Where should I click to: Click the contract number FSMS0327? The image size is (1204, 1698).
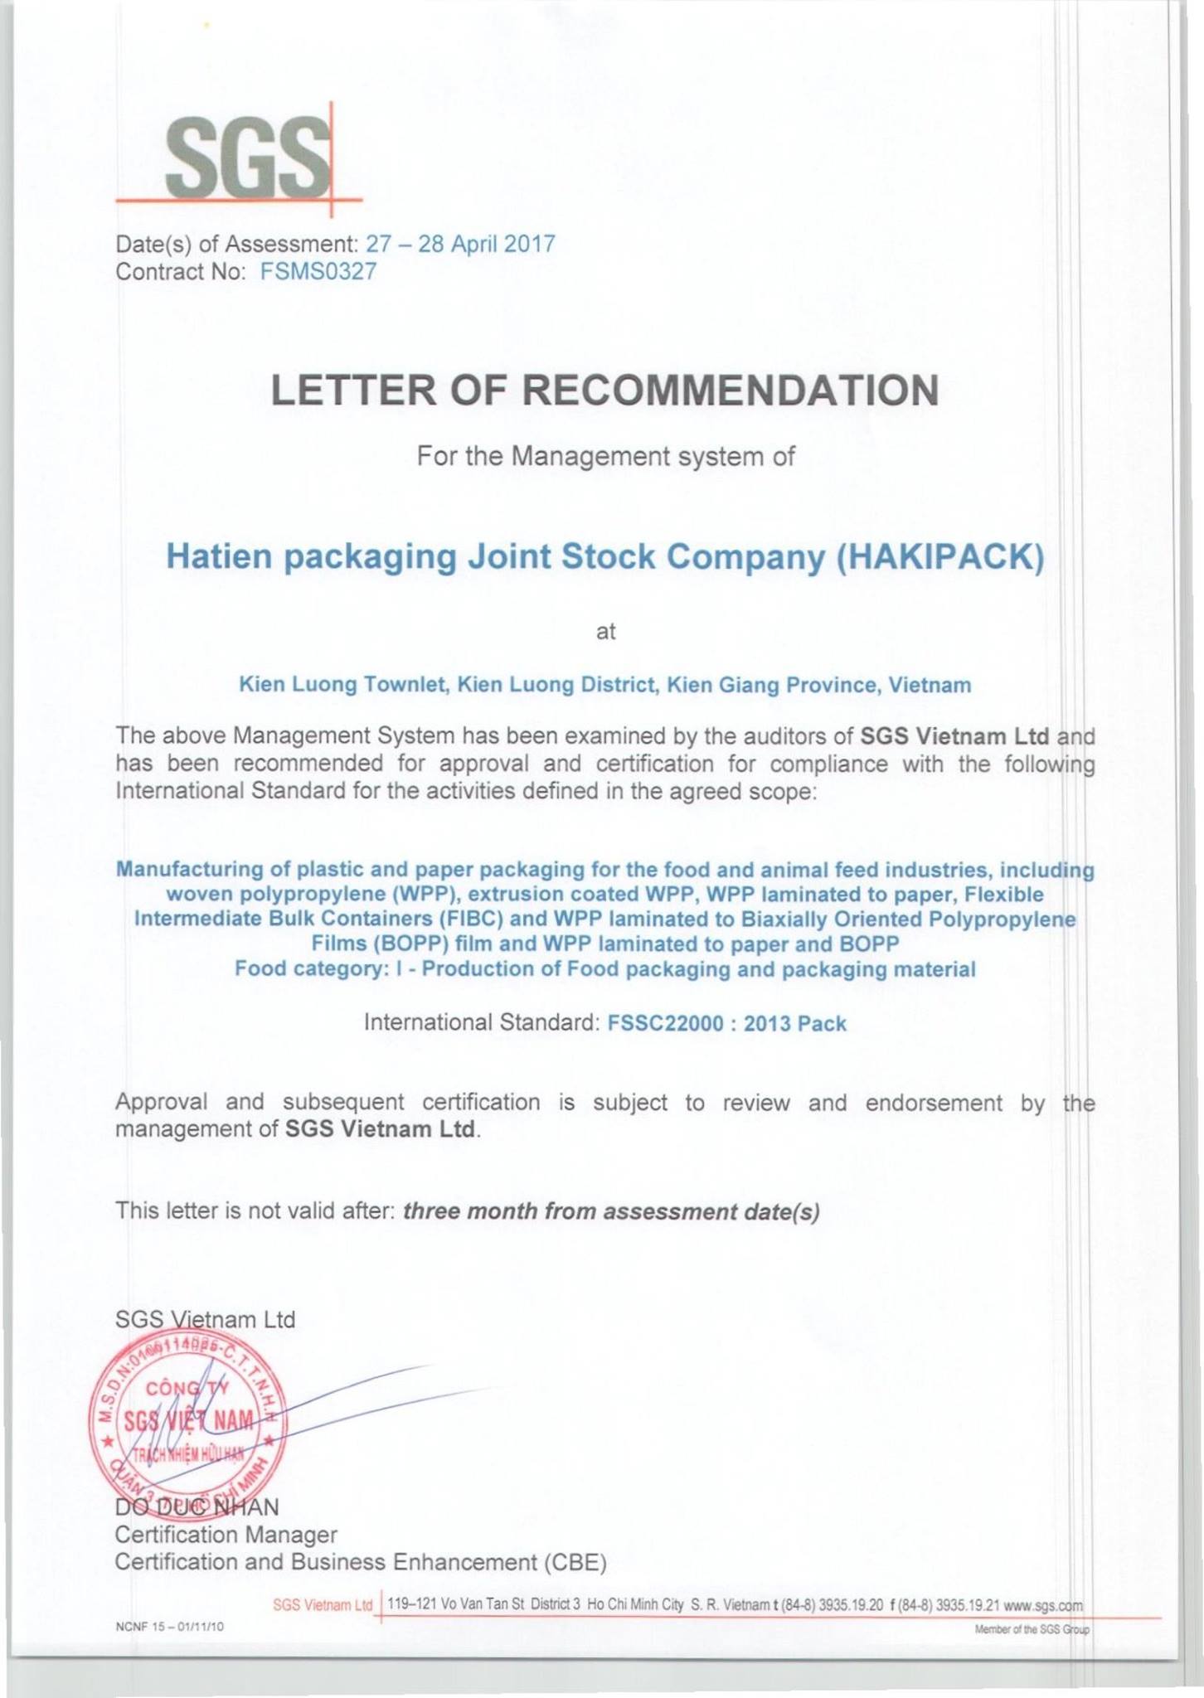pos(318,271)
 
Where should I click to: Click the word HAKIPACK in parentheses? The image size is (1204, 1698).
pos(939,556)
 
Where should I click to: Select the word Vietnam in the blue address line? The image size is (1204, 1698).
pos(930,685)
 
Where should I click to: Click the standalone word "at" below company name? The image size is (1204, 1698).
pos(606,632)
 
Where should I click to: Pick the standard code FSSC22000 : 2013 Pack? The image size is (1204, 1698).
pos(726,1023)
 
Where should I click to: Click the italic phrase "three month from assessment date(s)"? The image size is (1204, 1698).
pos(611,1212)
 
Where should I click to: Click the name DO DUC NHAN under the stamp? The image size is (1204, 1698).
pos(197,1505)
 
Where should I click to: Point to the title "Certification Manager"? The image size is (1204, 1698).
pos(226,1535)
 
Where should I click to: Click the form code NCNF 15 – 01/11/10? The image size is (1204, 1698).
pos(170,1627)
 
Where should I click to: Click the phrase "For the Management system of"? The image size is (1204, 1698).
pos(605,457)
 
